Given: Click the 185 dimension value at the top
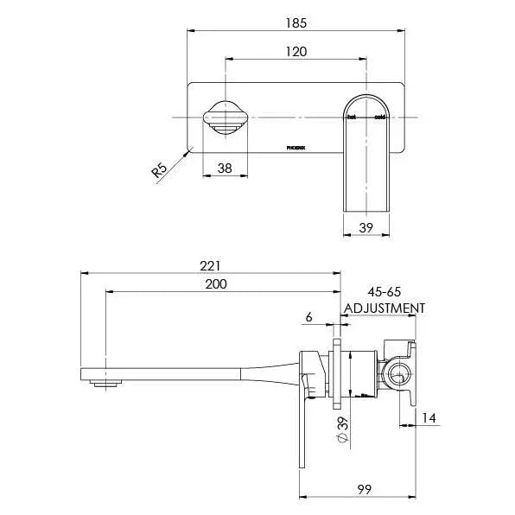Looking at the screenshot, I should click(296, 23).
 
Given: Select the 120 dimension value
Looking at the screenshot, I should click(296, 51).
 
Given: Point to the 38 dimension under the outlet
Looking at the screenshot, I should click(224, 169).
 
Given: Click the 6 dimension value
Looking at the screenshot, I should click(308, 317).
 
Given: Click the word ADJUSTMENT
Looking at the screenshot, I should click(385, 308).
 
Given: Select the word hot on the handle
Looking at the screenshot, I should click(352, 116).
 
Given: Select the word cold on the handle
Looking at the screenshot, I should click(379, 116).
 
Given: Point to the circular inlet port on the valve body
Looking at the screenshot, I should click(398, 374).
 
